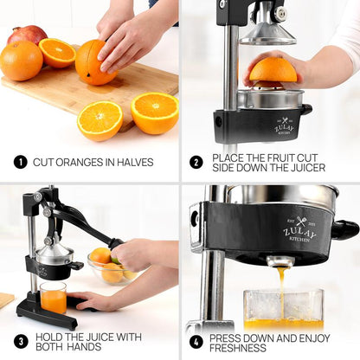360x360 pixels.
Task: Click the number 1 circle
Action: [x=19, y=162]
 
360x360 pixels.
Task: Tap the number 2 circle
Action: [x=196, y=162]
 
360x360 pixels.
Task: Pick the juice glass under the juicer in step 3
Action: [x=53, y=297]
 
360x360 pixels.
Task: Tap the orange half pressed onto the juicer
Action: [x=273, y=71]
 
